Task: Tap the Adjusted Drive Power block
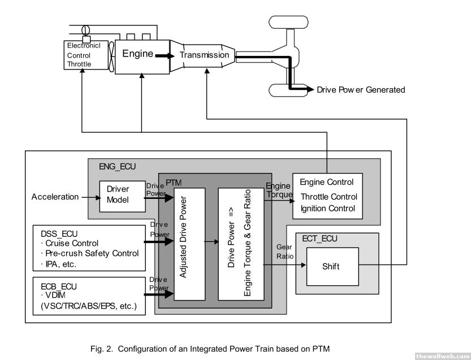(189, 243)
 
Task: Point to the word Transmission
(205, 55)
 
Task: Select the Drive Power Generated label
(361, 90)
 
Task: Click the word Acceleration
(55, 197)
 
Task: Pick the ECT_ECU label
(319, 238)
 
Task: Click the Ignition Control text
(327, 209)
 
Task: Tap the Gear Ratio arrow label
(284, 251)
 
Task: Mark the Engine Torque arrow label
(279, 190)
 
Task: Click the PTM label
(173, 182)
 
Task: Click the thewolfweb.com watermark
(442, 355)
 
